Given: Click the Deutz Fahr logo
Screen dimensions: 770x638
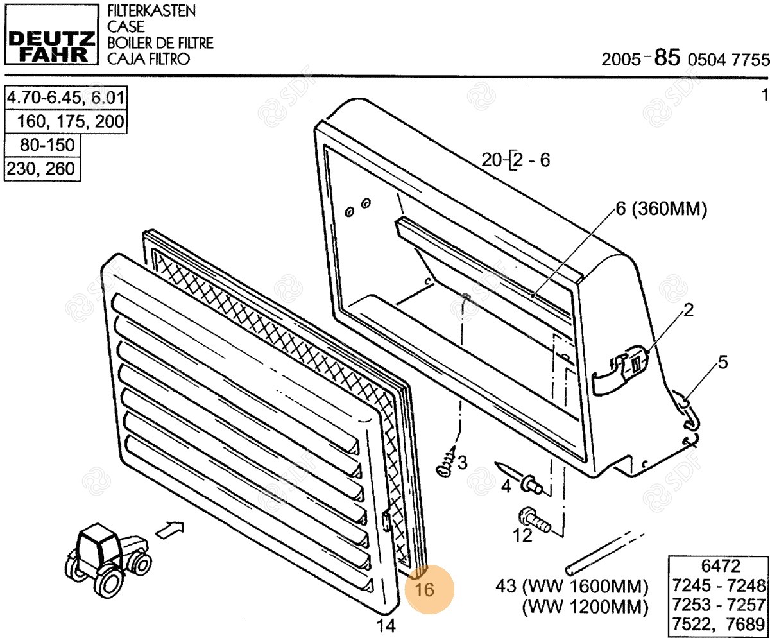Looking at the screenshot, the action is point(51,34).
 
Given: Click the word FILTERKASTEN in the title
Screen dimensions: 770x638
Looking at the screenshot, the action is point(151,11).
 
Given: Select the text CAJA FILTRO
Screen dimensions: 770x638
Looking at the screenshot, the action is point(148,59).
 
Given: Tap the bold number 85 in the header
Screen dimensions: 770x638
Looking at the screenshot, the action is point(667,58).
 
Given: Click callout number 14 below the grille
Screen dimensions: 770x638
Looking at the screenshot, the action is point(386,626).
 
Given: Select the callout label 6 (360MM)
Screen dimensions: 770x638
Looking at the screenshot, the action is point(662,209).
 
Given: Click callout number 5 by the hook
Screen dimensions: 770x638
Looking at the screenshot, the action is point(723,363).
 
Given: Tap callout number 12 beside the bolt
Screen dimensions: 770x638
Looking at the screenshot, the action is point(523,535).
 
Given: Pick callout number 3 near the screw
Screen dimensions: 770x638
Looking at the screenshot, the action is point(463,463).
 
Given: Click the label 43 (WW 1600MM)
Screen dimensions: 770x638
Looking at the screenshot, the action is point(572,586).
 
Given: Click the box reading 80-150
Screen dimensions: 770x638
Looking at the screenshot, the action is point(42,145).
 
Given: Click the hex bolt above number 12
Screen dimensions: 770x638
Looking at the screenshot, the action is point(534,521).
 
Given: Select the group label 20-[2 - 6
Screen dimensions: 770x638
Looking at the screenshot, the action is point(516,160).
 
